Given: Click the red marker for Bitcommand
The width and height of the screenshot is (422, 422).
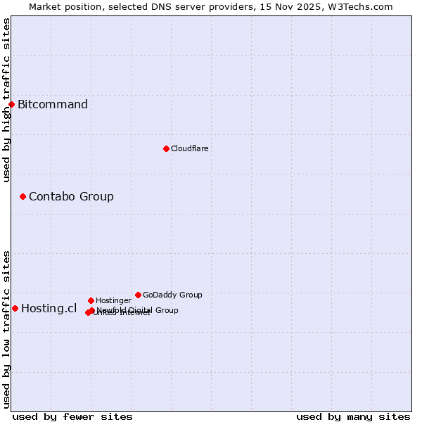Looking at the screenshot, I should click(11, 105).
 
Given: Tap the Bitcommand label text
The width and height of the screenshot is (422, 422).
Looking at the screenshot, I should click(53, 105).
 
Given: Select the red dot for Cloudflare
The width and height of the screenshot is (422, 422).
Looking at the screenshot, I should click(166, 148).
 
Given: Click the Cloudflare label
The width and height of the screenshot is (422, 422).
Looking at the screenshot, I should click(189, 148).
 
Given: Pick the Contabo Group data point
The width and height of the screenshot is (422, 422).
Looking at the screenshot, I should click(23, 196).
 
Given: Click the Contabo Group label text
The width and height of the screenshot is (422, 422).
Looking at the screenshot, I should click(71, 196).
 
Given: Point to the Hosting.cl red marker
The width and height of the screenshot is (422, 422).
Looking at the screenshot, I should click(15, 308).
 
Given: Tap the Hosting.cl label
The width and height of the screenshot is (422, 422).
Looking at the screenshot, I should click(49, 308).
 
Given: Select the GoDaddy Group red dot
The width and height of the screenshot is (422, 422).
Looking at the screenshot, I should click(138, 295).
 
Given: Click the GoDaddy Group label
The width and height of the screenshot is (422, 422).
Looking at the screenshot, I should click(172, 295).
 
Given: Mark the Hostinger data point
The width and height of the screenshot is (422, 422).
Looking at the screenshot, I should click(91, 300).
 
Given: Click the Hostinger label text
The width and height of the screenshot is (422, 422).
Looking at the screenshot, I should click(113, 300).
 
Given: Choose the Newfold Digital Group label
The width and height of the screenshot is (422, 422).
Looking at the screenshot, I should click(137, 310).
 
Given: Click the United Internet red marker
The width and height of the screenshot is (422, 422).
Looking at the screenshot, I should click(88, 312).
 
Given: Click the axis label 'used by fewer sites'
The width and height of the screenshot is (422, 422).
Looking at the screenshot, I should click(72, 416).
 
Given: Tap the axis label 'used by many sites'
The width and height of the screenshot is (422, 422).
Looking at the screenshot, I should click(353, 416).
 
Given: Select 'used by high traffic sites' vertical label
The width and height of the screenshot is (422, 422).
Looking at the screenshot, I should click(6, 100).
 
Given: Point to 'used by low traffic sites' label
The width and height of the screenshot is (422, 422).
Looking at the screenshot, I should click(6, 329).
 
